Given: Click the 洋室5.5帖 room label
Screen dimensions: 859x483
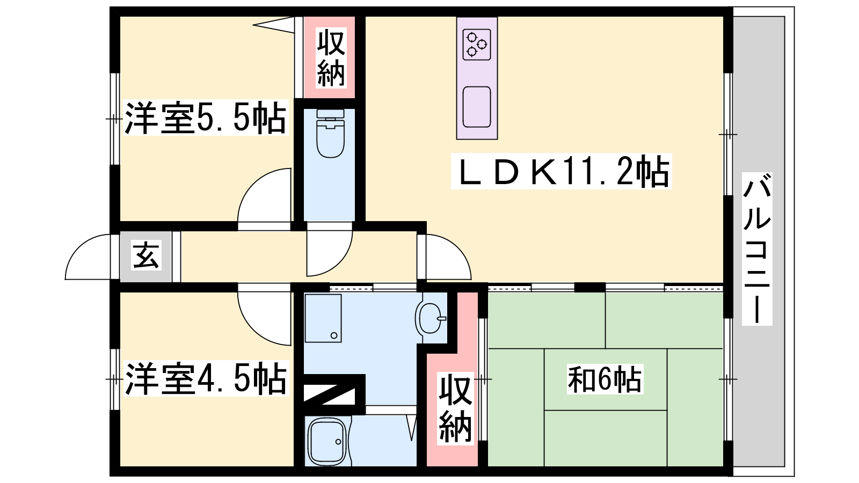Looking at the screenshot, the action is pyautogui.click(x=206, y=118).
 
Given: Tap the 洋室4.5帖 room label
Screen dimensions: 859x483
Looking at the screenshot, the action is pyautogui.click(x=206, y=378).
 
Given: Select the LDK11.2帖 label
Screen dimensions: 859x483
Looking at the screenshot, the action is pyautogui.click(x=562, y=171).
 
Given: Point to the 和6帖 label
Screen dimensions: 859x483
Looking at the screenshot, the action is pyautogui.click(x=605, y=379).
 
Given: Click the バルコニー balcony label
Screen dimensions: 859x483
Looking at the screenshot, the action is pyautogui.click(x=756, y=249).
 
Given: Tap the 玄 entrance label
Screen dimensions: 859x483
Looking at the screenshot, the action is pyautogui.click(x=145, y=255).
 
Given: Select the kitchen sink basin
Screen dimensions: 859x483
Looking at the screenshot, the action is pyautogui.click(x=477, y=107).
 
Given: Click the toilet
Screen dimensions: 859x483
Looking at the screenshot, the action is pyautogui.click(x=330, y=134).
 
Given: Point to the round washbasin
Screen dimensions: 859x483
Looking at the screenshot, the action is pyautogui.click(x=430, y=319).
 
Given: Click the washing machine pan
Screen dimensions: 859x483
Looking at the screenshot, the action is pyautogui.click(x=323, y=318).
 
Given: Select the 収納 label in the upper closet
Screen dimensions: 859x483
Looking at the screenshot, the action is pyautogui.click(x=331, y=57).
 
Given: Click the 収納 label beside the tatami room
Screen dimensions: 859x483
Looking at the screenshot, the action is pyautogui.click(x=455, y=408).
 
